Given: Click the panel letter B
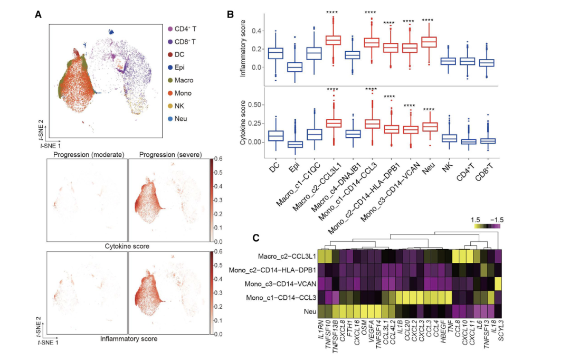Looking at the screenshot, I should pyautogui.click(x=230, y=14).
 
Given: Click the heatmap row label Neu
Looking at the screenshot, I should pyautogui.click(x=309, y=311).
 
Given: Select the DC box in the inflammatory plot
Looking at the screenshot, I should pyautogui.click(x=275, y=53).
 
